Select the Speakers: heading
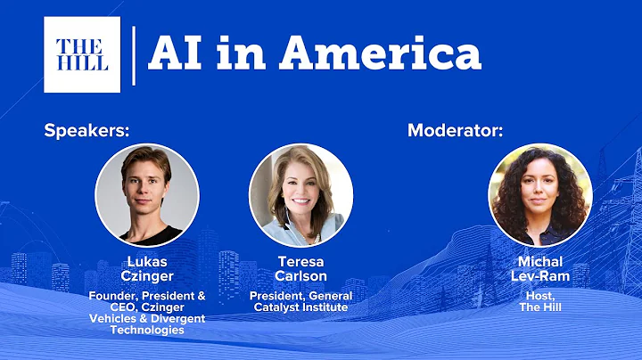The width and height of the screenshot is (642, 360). pyautogui.click(x=87, y=131)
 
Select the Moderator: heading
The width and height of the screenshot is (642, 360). pyautogui.click(x=455, y=131)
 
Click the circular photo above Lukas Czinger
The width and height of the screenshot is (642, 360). pyautogui.click(x=146, y=195)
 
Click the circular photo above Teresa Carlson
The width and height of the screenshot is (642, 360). pyautogui.click(x=300, y=195)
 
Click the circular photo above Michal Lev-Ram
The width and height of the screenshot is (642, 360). pyautogui.click(x=540, y=195)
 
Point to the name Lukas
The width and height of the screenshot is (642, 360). pyautogui.click(x=146, y=263)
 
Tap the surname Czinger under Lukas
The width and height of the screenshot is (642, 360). pyautogui.click(x=146, y=276)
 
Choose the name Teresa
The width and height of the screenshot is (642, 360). pyautogui.click(x=300, y=263)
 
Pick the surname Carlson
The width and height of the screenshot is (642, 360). pyautogui.click(x=300, y=276)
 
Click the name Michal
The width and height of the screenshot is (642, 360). pyautogui.click(x=540, y=263)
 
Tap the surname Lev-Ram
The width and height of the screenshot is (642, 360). pyautogui.click(x=540, y=276)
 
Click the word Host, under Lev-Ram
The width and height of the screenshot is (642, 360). pyautogui.click(x=540, y=296)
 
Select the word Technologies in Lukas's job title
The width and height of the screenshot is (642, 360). pyautogui.click(x=146, y=330)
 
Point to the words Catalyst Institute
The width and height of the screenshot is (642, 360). pyautogui.click(x=300, y=307)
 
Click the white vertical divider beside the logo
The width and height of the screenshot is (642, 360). pyautogui.click(x=134, y=54)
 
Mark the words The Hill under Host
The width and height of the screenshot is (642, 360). pyautogui.click(x=540, y=307)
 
